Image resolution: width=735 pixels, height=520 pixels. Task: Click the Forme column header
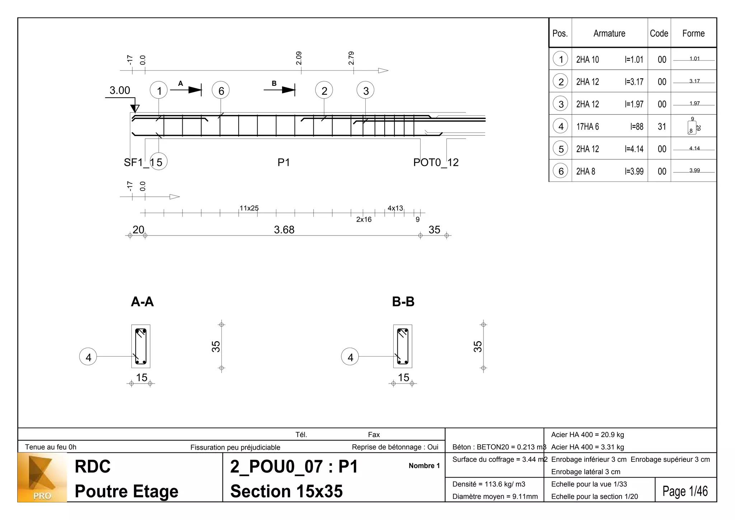click(x=693, y=33)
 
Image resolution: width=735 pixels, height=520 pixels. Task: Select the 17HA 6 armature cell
click(x=587, y=126)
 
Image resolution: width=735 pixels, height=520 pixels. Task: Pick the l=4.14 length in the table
click(x=634, y=149)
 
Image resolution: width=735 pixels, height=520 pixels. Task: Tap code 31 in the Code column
click(x=662, y=126)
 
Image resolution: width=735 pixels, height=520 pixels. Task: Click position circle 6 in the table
click(x=561, y=171)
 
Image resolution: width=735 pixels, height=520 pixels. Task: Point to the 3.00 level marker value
click(x=120, y=90)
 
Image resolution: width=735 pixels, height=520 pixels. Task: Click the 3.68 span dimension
click(x=284, y=229)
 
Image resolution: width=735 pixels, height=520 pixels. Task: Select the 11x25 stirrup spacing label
click(x=249, y=208)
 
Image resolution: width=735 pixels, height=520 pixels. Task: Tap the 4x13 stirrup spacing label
click(x=395, y=208)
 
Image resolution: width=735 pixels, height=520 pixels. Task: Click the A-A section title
click(x=142, y=302)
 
